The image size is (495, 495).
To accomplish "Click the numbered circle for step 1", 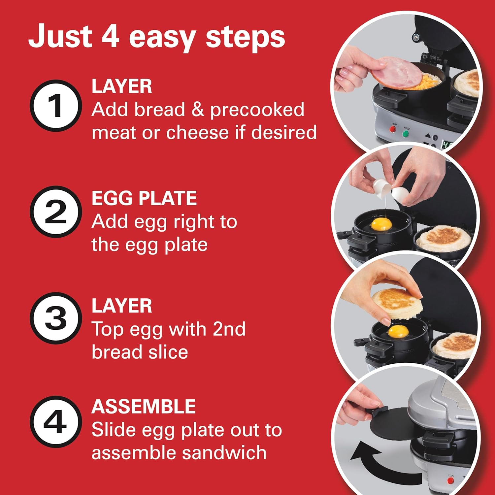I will pos(56,106).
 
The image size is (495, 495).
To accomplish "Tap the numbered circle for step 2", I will pos(56,212).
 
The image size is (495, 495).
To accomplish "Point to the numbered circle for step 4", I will pos(56,422).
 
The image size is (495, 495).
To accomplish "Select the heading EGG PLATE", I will pos(144,198).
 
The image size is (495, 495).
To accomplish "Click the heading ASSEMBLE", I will pos(144,407).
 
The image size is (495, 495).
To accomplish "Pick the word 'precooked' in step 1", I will pos(257,110).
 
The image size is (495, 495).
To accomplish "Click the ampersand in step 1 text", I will pos(197,110).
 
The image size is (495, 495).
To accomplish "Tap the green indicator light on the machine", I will pos(406,134).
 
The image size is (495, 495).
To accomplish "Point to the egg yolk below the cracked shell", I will pos(381,225).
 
